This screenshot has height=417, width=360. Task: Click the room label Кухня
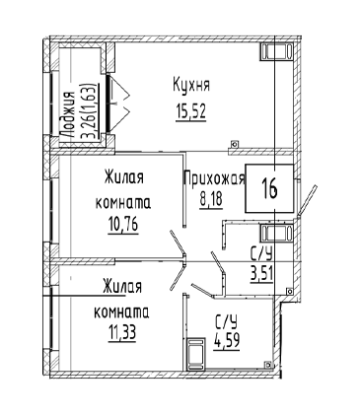(191, 86)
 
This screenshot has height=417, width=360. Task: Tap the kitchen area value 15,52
(190, 111)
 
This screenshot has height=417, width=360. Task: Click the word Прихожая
(215, 178)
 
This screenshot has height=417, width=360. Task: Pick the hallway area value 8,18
(211, 200)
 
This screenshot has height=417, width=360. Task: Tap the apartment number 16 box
(269, 188)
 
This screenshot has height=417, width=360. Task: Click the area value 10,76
(123, 225)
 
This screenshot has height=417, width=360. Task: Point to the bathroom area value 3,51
(261, 273)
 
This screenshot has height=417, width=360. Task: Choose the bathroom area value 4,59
(227, 342)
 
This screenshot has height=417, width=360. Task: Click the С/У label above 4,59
(227, 323)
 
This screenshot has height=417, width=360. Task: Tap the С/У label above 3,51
(261, 254)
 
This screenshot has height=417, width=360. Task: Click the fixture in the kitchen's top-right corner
(276, 52)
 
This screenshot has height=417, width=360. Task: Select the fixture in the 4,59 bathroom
(195, 354)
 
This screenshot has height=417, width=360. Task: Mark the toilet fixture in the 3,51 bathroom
(276, 233)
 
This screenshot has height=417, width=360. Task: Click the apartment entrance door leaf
(307, 200)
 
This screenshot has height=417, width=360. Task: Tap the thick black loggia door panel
(108, 104)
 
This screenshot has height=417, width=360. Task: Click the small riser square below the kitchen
(234, 144)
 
